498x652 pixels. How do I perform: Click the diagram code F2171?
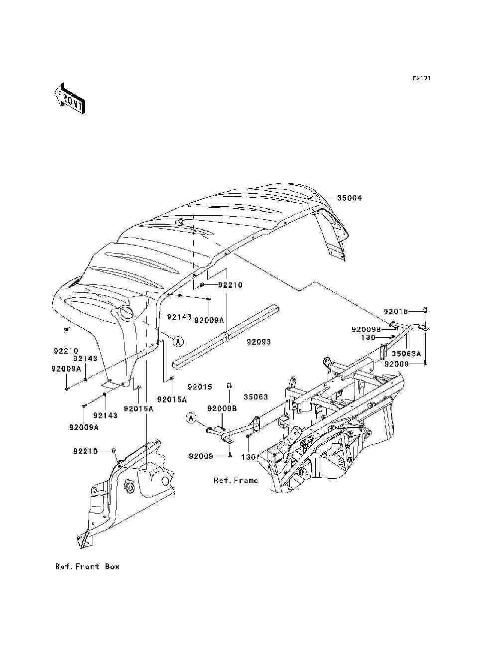[422, 78]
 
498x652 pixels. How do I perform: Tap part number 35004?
[350, 198]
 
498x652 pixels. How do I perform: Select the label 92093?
[258, 342]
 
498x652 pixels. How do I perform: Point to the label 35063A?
[406, 354]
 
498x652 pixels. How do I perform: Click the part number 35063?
[255, 397]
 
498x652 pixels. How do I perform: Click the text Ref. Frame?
[236, 480]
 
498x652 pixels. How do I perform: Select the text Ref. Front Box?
[87, 566]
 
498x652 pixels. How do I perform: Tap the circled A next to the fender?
[178, 342]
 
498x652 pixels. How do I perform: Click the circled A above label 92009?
[191, 418]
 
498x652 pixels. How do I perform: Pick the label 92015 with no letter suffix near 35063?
[200, 387]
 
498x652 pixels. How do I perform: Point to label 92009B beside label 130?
[366, 329]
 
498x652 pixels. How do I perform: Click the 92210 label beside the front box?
[85, 451]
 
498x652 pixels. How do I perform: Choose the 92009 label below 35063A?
[397, 364]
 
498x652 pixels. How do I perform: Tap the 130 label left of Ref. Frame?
[249, 457]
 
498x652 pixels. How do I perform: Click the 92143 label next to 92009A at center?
[179, 317]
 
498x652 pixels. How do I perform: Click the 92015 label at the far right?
[396, 312]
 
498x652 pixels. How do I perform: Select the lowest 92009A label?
[84, 427]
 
